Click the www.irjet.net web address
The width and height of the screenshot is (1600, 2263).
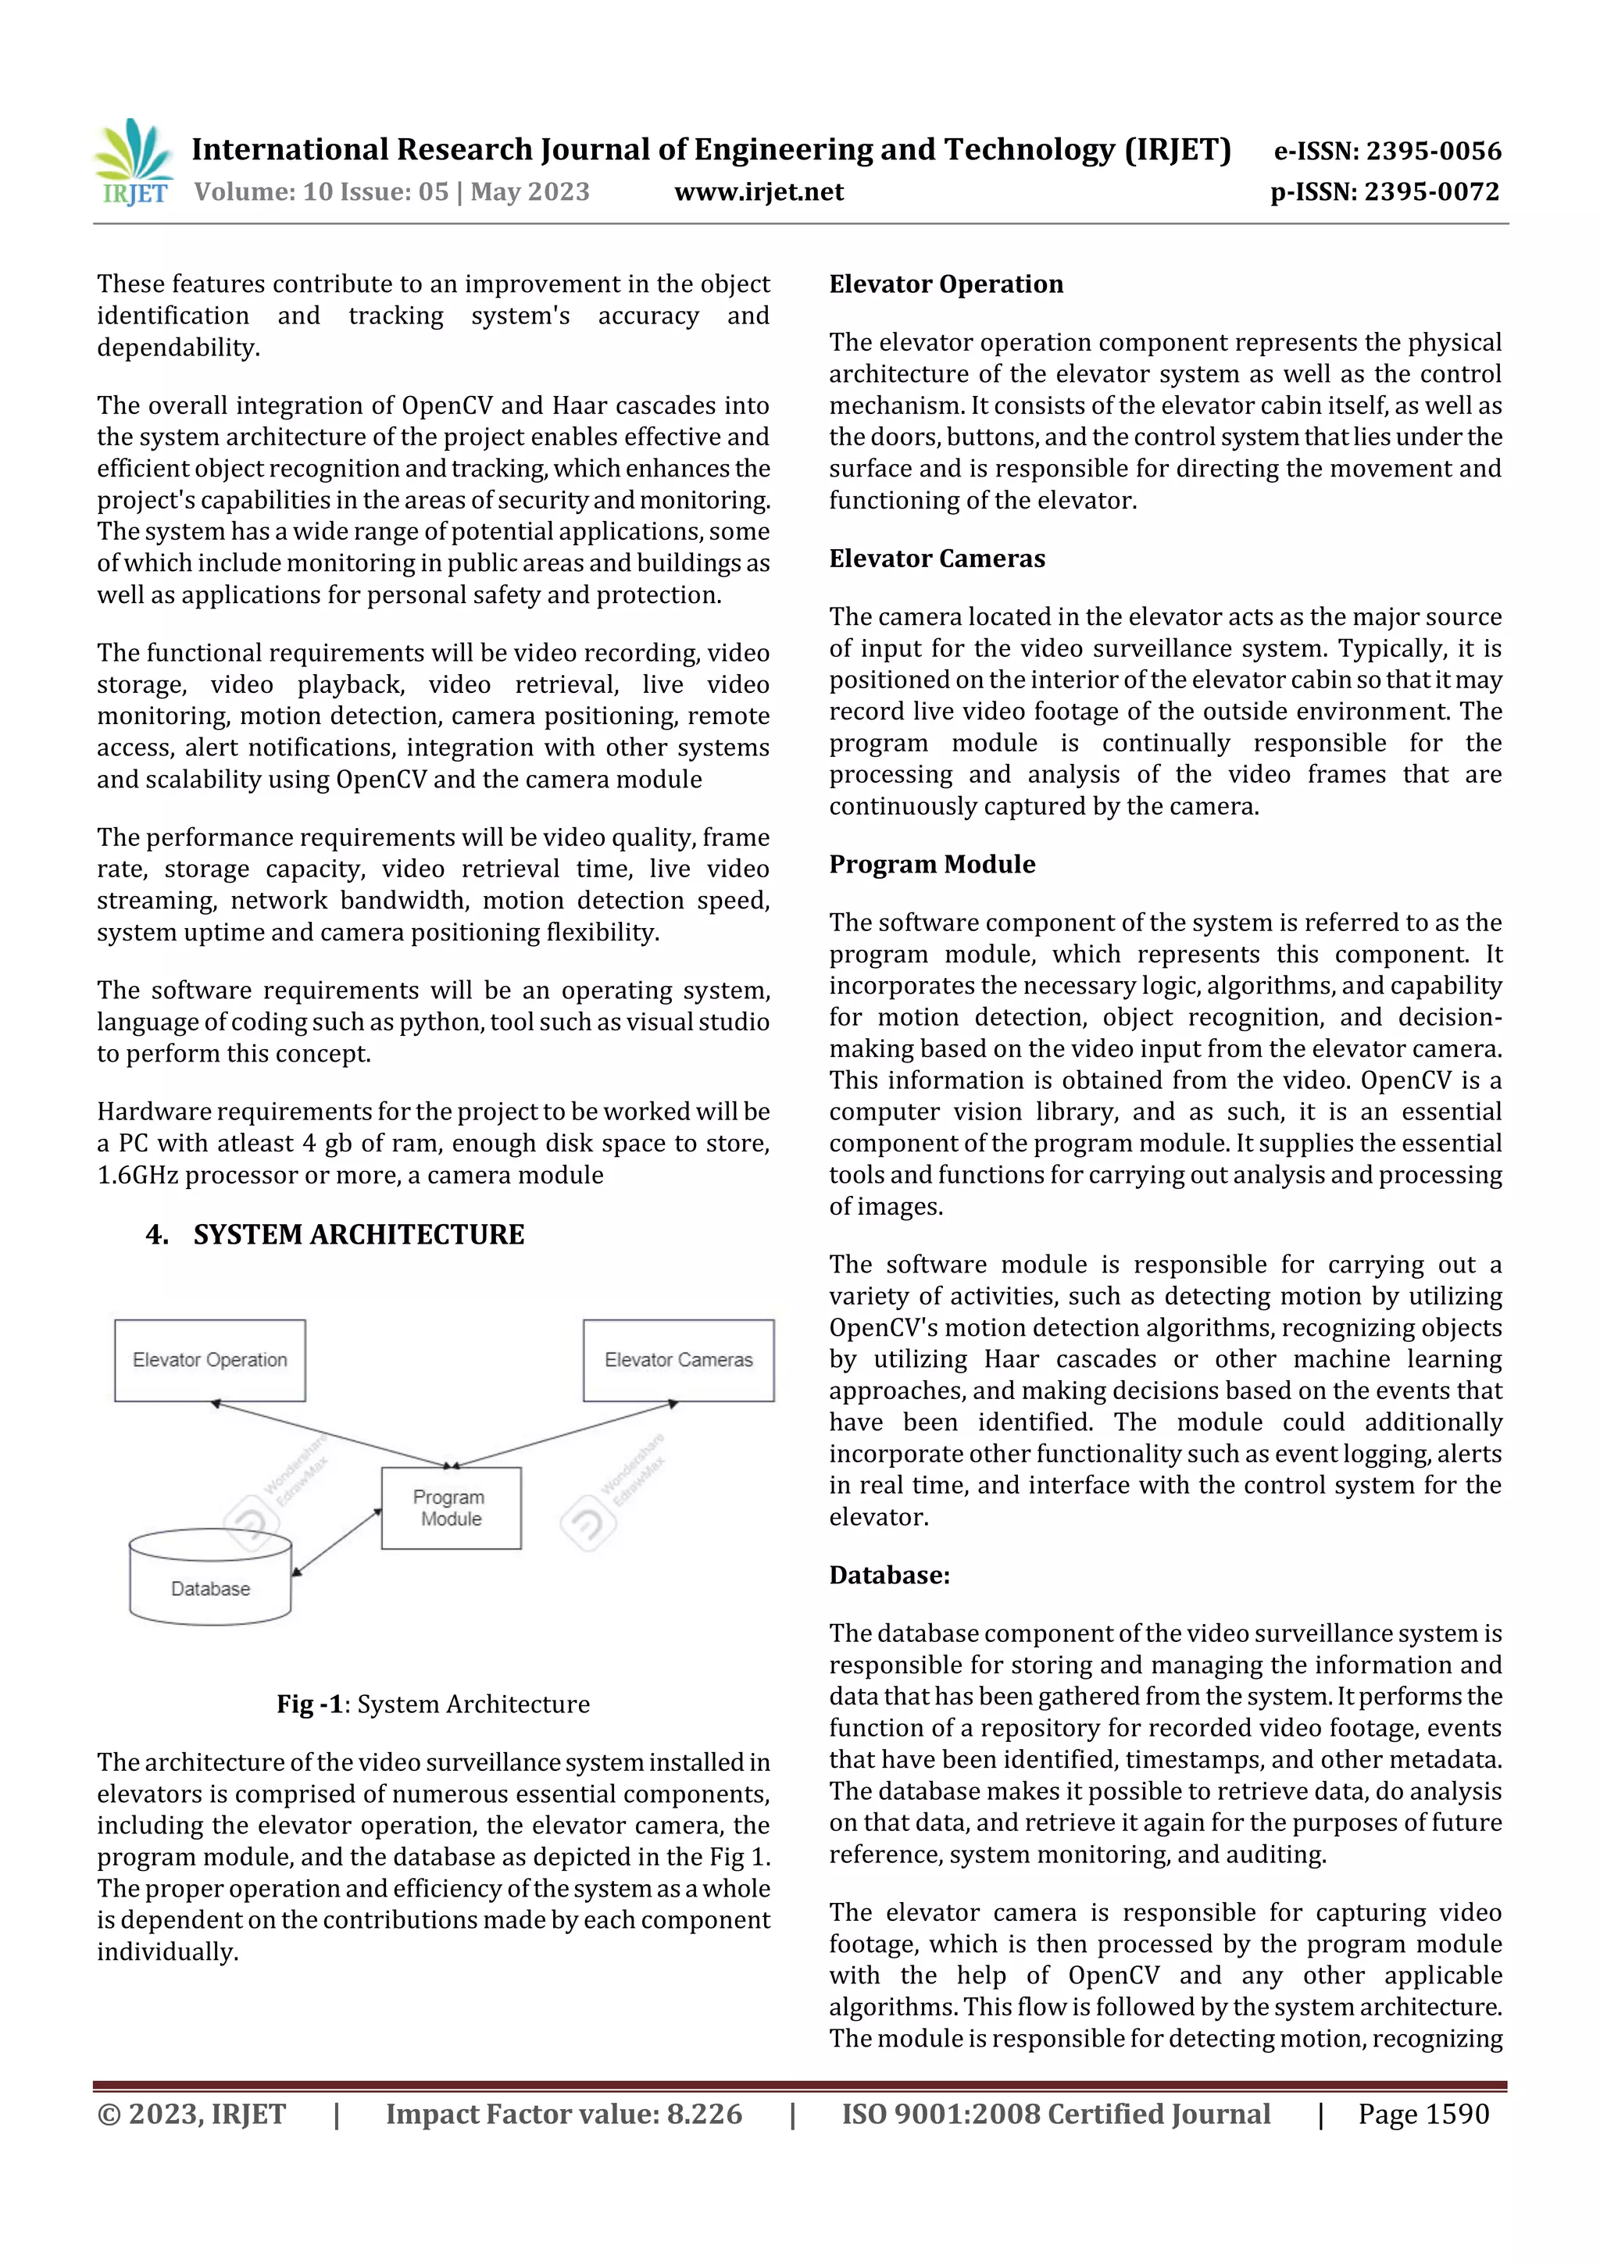[758, 191]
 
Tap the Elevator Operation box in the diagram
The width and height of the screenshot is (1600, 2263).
[210, 1360]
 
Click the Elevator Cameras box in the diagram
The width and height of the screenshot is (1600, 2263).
[678, 1360]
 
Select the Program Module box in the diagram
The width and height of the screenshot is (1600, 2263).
[451, 1508]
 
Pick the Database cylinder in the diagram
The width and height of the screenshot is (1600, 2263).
[210, 1579]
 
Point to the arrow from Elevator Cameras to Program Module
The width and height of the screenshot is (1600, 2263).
[565, 1434]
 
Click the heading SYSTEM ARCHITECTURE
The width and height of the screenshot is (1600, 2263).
[358, 1235]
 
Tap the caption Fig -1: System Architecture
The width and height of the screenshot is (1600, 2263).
[433, 1704]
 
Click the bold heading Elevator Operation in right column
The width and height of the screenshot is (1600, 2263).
[945, 285]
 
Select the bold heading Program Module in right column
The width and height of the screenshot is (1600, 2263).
[931, 865]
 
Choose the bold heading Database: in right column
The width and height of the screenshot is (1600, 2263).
[888, 1575]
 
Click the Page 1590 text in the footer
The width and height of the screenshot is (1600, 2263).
[1423, 2114]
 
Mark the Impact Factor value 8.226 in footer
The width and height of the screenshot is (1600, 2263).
[563, 2114]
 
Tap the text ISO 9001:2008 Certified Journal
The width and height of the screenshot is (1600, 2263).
[1055, 2114]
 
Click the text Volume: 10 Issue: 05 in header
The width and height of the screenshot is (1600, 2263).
[321, 191]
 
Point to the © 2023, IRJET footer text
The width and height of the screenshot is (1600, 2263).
[191, 2114]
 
